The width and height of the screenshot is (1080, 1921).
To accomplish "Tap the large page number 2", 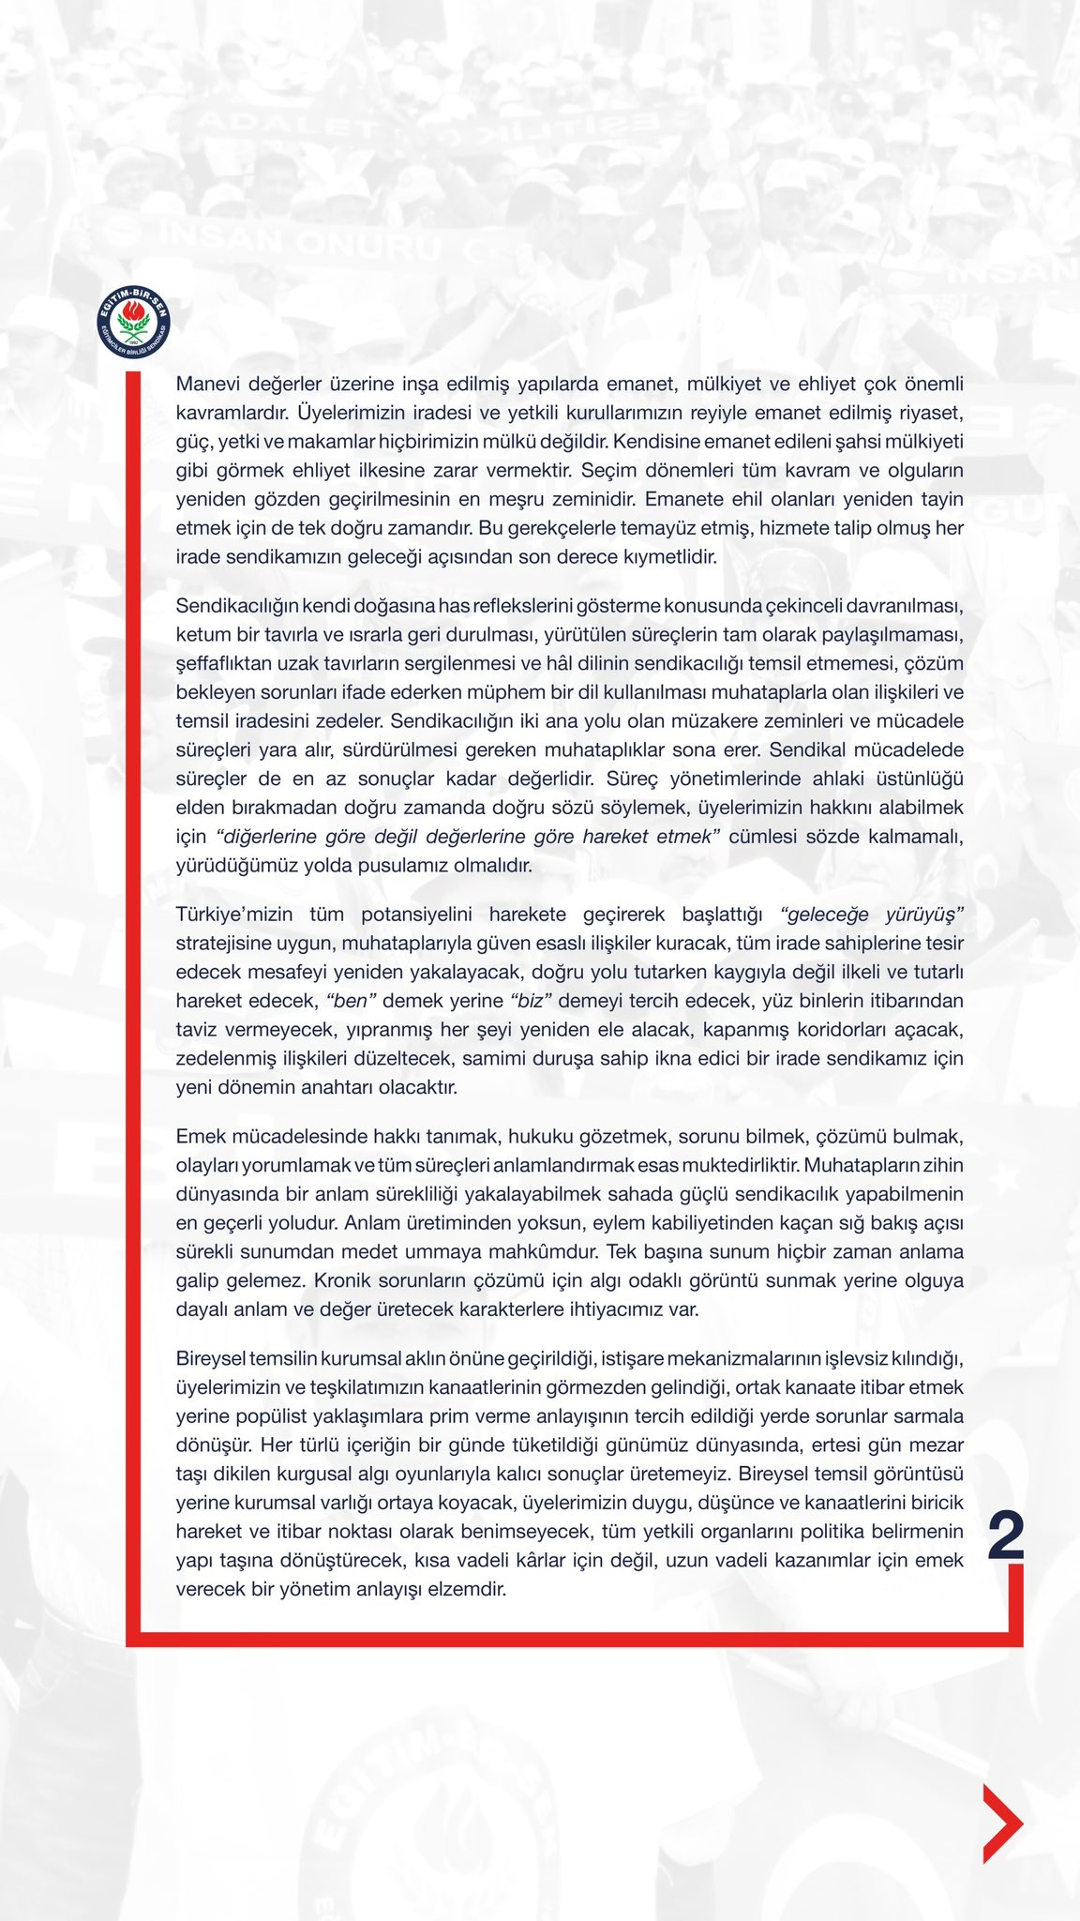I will [x=1006, y=1535].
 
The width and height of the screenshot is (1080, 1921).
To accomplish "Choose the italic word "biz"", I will [x=531, y=1001].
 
